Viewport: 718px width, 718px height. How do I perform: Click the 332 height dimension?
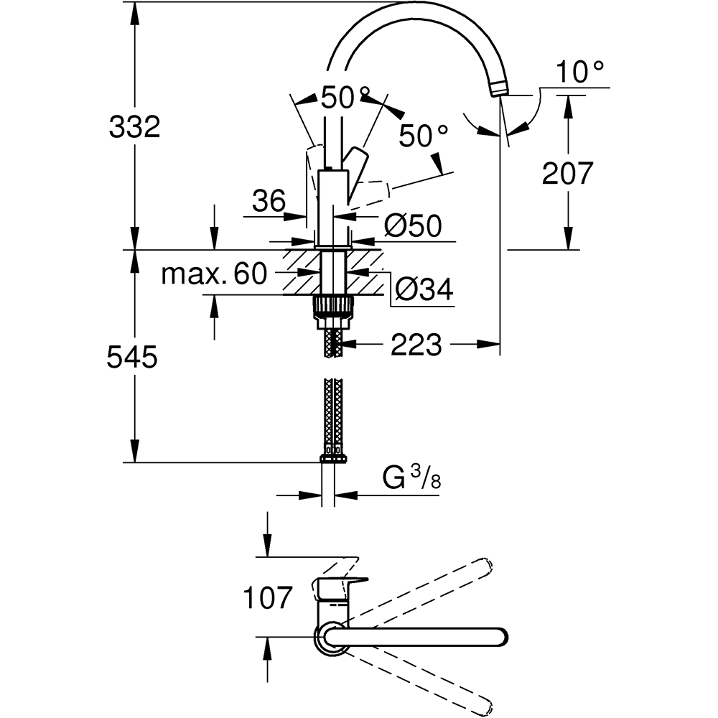point(134,128)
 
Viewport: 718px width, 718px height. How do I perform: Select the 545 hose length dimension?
point(131,357)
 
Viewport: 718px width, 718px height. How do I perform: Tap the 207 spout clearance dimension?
point(568,173)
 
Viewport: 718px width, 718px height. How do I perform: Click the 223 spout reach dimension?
point(416,345)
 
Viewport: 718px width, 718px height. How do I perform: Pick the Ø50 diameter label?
point(412,227)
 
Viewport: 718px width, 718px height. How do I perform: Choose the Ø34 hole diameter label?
point(424,289)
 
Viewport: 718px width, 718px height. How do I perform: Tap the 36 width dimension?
point(269,202)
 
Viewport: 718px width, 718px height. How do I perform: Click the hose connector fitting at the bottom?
point(332,457)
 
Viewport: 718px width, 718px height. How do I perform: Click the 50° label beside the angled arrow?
point(424,135)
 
